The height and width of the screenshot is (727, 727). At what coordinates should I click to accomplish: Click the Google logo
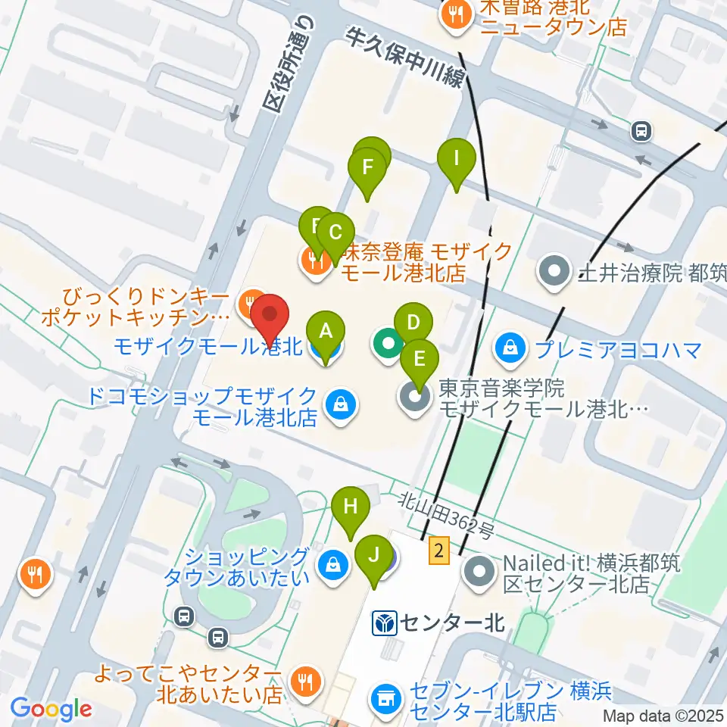51,709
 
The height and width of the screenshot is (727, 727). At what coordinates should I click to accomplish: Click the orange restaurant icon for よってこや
305,681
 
